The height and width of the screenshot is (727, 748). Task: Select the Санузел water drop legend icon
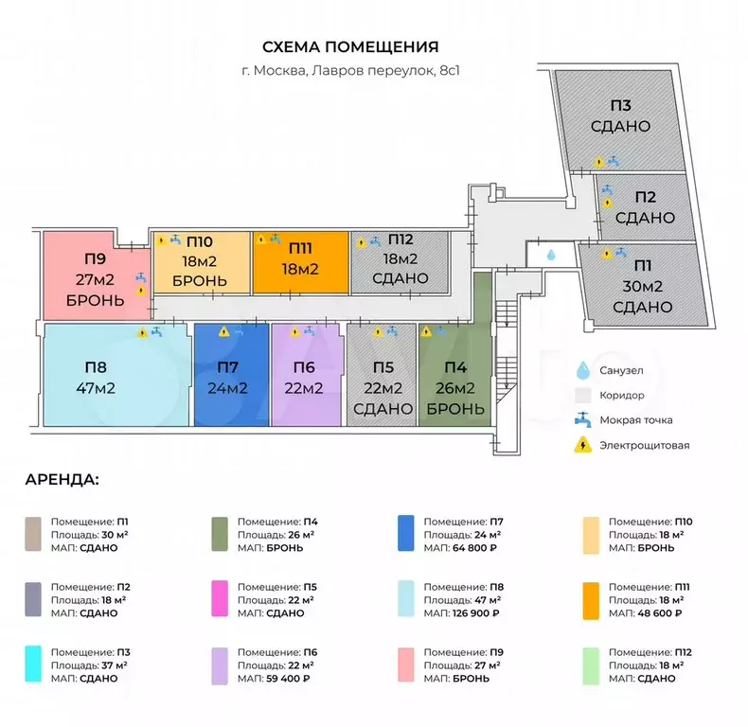click(x=583, y=371)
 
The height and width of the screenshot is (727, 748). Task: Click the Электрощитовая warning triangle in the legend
click(x=583, y=445)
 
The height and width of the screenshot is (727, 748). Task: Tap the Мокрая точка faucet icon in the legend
click(x=583, y=419)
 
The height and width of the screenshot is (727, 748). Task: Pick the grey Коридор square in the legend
click(x=583, y=395)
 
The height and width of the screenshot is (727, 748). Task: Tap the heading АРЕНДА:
click(x=62, y=480)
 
